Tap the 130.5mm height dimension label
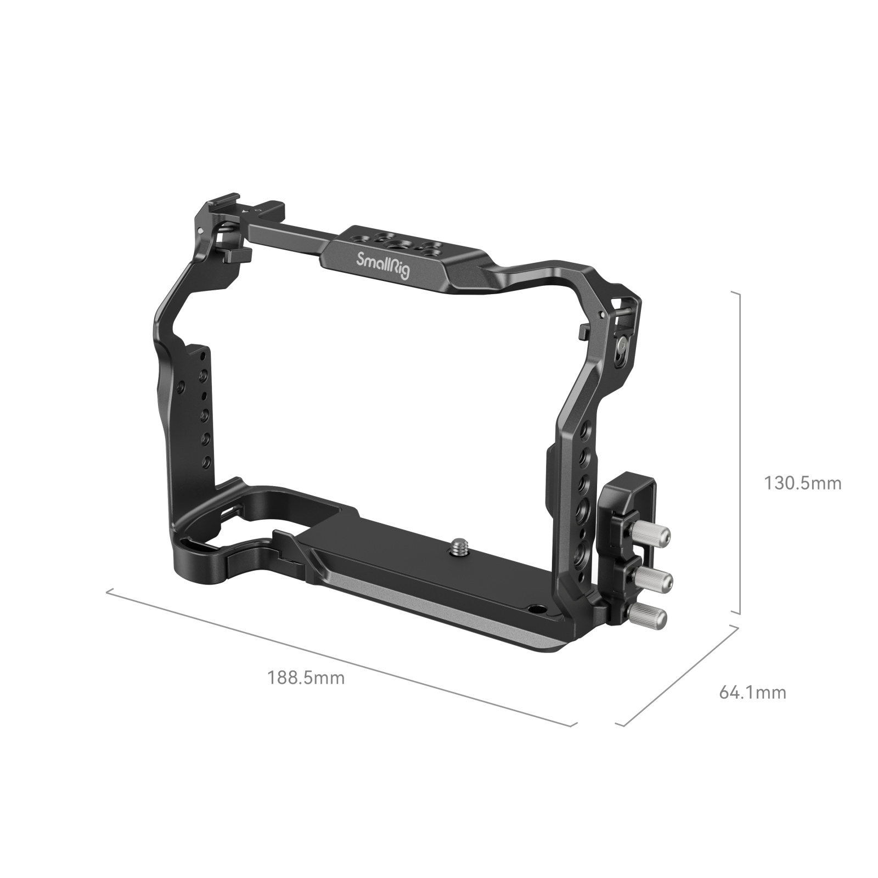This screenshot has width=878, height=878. (x=802, y=483)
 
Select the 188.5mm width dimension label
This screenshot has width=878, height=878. (x=306, y=678)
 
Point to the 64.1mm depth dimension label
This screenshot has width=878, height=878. (x=752, y=693)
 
